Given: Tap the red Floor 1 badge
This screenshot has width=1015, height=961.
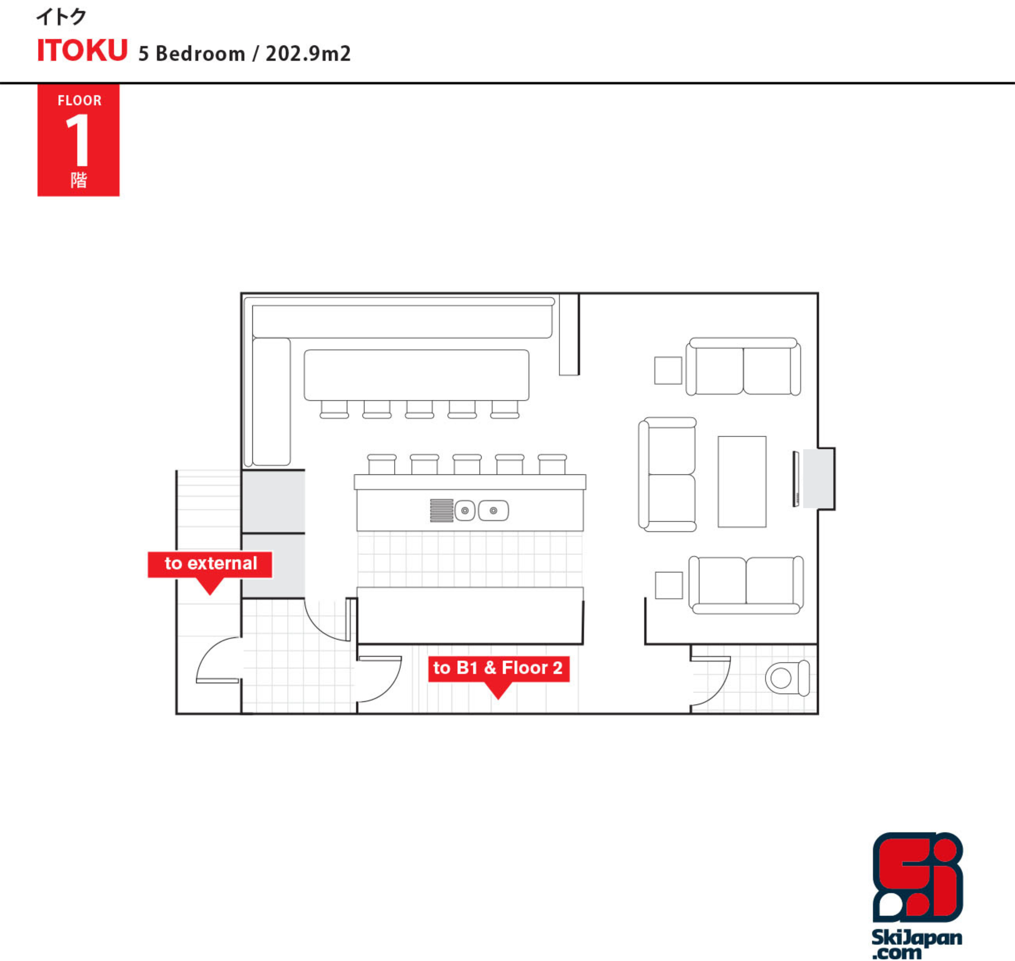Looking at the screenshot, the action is click(79, 140).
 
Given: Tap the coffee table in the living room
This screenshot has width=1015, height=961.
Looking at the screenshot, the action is click(742, 481).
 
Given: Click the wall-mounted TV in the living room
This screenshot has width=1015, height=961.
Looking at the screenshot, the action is click(795, 479).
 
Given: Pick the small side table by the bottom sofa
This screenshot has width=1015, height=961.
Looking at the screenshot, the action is click(669, 585).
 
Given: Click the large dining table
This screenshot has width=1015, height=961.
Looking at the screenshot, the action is click(416, 375).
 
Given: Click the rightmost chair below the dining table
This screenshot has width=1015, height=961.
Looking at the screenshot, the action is click(505, 409).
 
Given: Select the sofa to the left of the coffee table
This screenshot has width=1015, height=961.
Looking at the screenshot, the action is click(667, 474).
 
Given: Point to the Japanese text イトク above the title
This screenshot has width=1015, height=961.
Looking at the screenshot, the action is click(61, 17).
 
